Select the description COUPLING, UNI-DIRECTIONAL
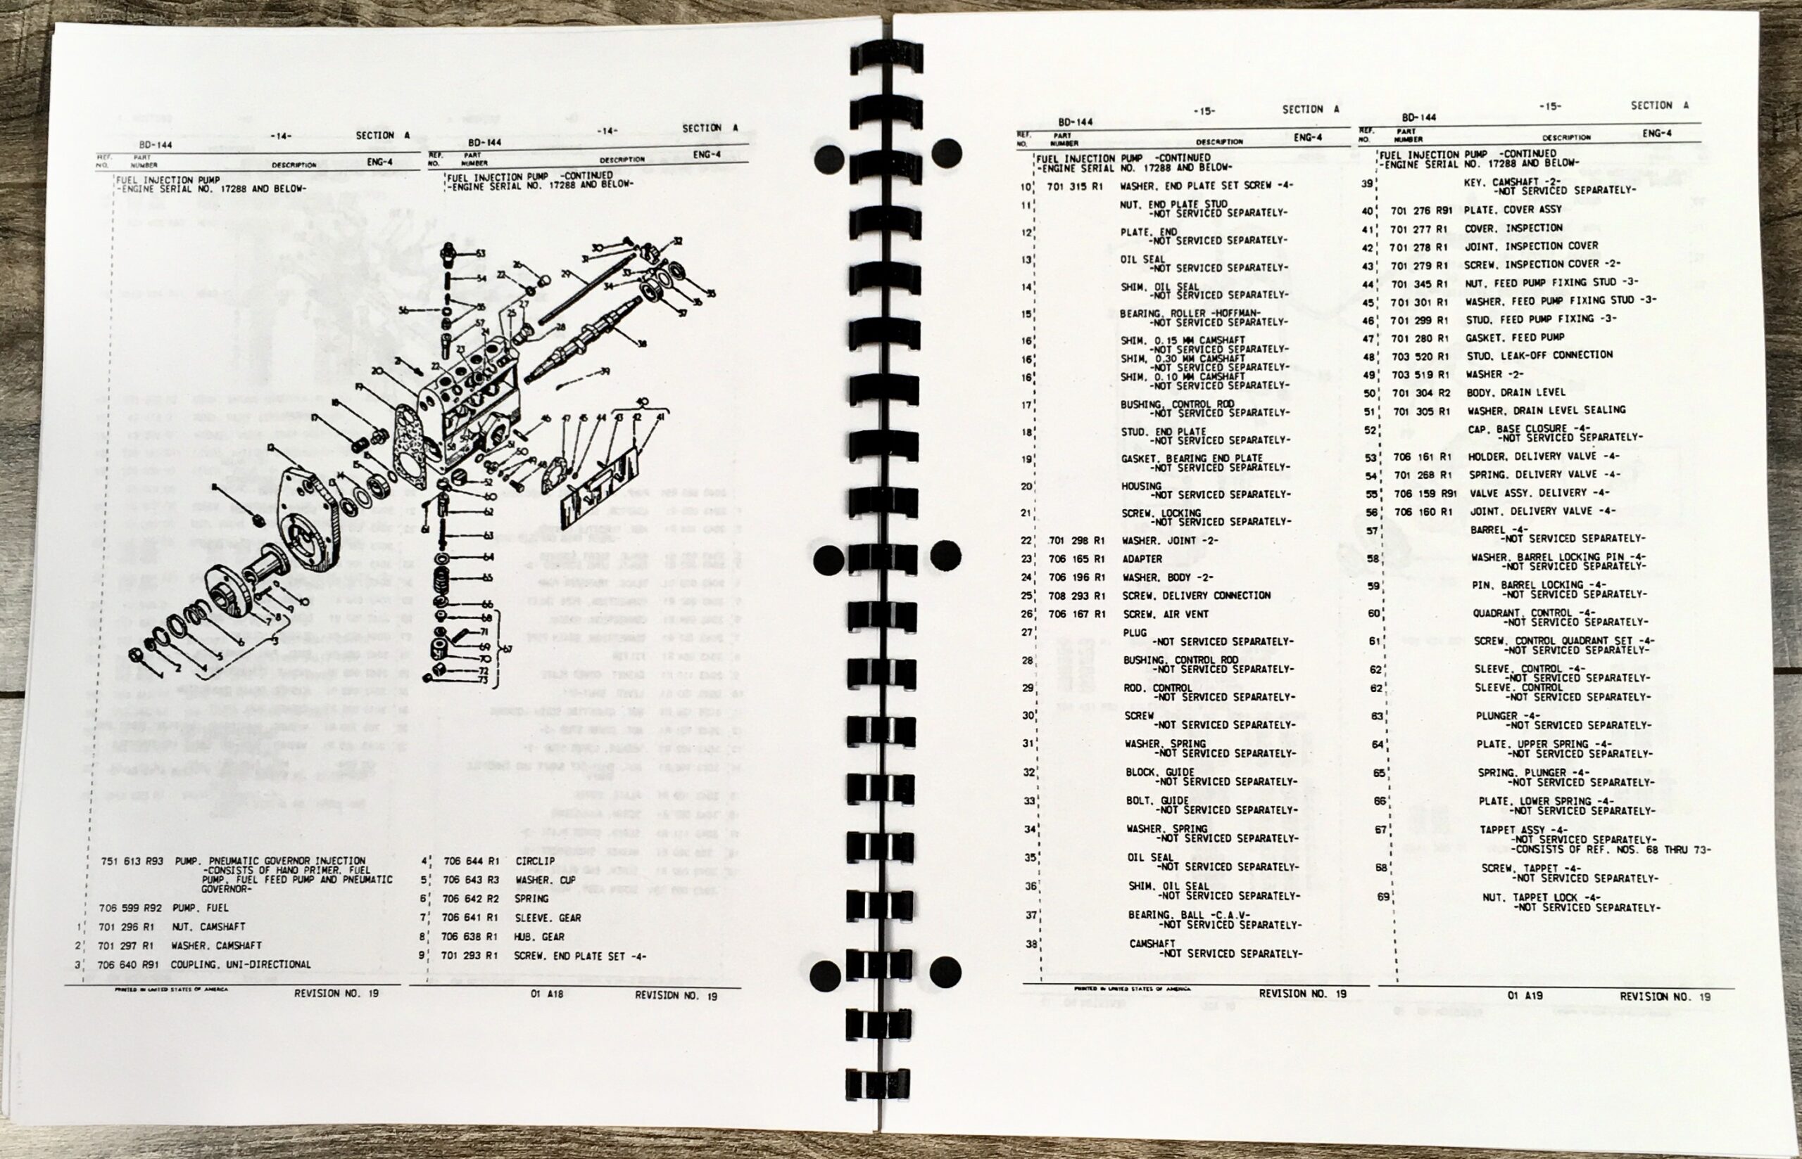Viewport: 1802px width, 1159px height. pos(240,964)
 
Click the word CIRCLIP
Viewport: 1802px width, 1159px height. pos(535,860)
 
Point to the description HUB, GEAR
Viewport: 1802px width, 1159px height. pos(539,937)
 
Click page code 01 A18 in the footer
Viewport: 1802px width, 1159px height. pos(547,994)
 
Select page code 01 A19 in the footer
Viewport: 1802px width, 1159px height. pos(1525,995)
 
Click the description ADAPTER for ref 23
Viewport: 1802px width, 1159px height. pos(1142,558)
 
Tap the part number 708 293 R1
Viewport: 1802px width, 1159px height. pos(1077,595)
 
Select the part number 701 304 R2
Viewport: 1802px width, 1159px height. pos(1421,393)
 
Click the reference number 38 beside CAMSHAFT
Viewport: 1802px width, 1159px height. pos(1030,944)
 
